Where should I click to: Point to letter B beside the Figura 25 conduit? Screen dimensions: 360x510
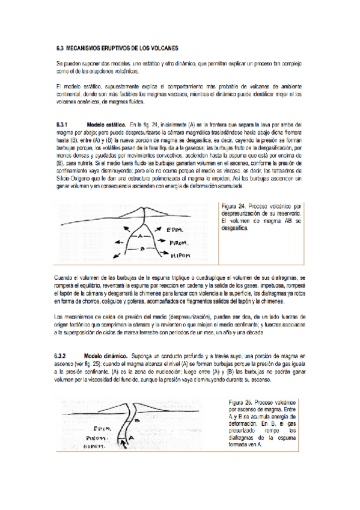(x=137, y=421)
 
